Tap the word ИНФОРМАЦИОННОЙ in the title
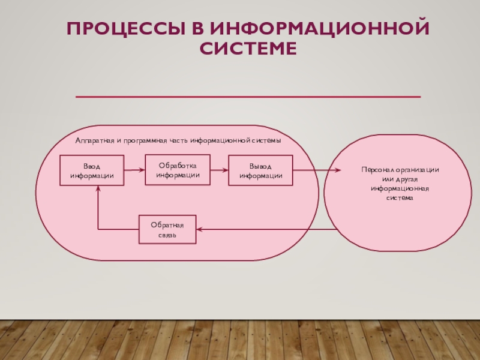pos(319,28)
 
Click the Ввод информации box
pos(92,170)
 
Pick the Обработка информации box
pos(178,169)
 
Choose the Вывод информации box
pos(260,170)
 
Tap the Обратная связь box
pos(167,229)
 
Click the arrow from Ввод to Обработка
pos(135,170)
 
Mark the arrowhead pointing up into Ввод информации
pos(98,189)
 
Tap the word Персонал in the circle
pos(376,170)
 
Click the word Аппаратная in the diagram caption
pos(94,140)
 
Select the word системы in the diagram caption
pos(266,140)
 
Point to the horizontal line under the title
pos(248,97)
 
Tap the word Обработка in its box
pos(178,165)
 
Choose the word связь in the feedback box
pos(167,235)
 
